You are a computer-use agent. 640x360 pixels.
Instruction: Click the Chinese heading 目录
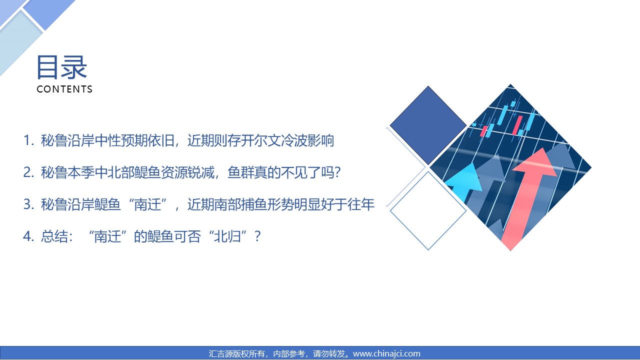pyautogui.click(x=61, y=67)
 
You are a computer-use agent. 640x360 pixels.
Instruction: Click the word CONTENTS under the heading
pyautogui.click(x=64, y=89)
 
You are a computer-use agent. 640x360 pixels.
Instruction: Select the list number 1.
pyautogui.click(x=27, y=140)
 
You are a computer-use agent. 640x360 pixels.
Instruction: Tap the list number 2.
pyautogui.click(x=28, y=172)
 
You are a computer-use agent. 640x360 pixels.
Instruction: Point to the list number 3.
pyautogui.click(x=28, y=204)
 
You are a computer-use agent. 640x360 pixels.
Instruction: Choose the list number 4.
pyautogui.click(x=28, y=236)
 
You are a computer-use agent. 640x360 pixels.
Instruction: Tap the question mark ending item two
pyautogui.click(x=337, y=172)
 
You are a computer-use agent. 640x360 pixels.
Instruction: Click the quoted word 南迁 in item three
pyautogui.click(x=147, y=204)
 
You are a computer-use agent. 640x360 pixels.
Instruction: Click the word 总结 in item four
pyautogui.click(x=54, y=236)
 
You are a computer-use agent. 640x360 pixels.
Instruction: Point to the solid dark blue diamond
pyautogui.click(x=428, y=125)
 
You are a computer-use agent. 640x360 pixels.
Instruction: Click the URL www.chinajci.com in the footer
pyautogui.click(x=386, y=353)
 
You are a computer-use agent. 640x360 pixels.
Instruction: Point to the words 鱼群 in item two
pyautogui.click(x=240, y=172)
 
